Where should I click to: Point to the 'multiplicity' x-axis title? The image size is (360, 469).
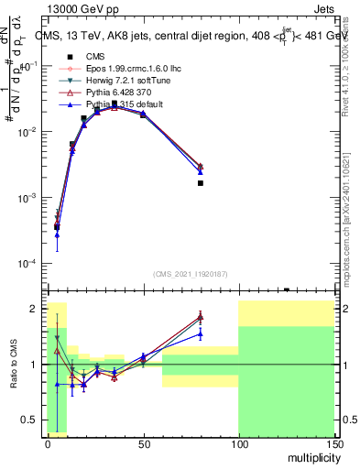pyautogui.click(x=309, y=454)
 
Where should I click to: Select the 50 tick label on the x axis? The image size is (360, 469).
pyautogui.click(x=143, y=442)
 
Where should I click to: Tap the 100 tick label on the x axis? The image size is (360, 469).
pyautogui.click(x=238, y=442)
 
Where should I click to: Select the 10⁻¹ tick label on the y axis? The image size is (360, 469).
pyautogui.click(x=32, y=66)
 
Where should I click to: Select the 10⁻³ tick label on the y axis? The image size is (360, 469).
pyautogui.click(x=32, y=198)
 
